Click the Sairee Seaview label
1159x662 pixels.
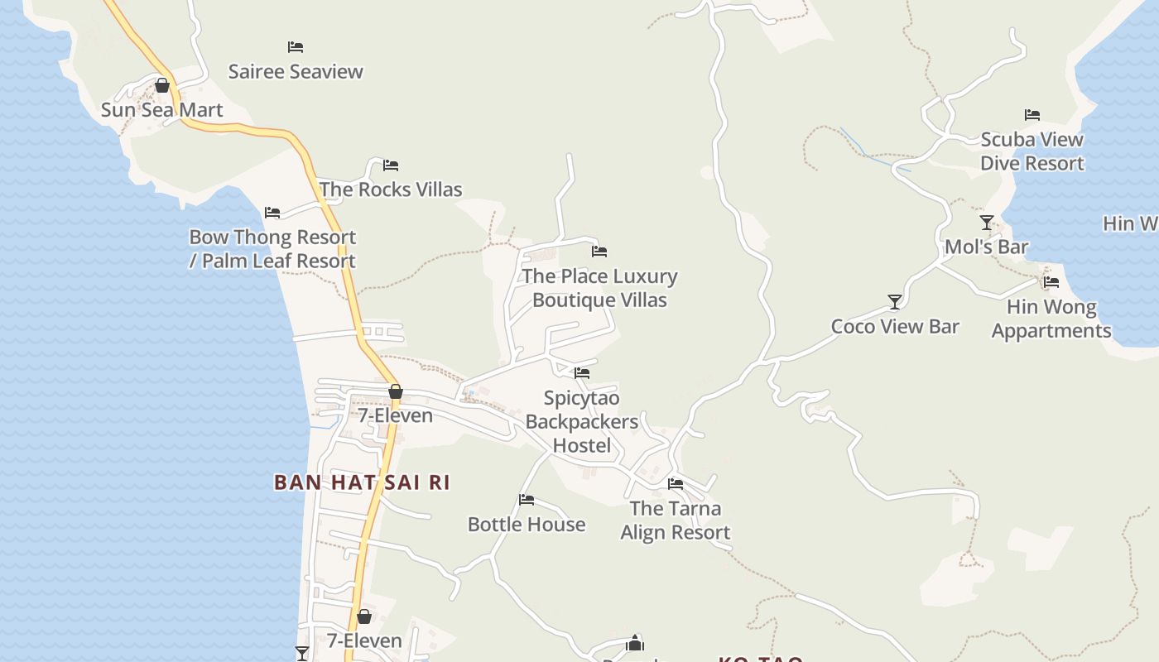[x=296, y=71]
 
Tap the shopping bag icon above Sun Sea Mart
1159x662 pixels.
[x=162, y=85]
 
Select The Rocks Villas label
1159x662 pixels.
[x=391, y=189]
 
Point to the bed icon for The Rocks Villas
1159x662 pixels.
[x=391, y=165]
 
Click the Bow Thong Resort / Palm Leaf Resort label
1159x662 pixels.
[x=272, y=249]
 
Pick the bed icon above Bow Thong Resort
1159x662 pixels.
[x=272, y=213]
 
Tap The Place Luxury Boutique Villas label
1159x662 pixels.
[x=599, y=288]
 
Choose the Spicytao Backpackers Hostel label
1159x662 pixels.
[x=582, y=422]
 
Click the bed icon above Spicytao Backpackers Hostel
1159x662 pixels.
[x=582, y=373]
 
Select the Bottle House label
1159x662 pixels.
[x=527, y=525]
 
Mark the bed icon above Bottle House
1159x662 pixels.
[x=527, y=500]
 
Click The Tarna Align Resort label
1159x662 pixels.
[x=676, y=520]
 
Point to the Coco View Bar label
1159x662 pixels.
[x=895, y=327]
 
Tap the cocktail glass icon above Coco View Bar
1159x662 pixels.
[x=895, y=302]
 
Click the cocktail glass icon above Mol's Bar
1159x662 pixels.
[x=987, y=223]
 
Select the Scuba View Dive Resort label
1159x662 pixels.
[x=1032, y=151]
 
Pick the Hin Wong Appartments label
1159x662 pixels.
[x=1051, y=319]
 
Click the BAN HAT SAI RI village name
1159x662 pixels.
[x=362, y=482]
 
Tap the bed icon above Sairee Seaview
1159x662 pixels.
[x=296, y=47]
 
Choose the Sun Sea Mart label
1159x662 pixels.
[x=162, y=110]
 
